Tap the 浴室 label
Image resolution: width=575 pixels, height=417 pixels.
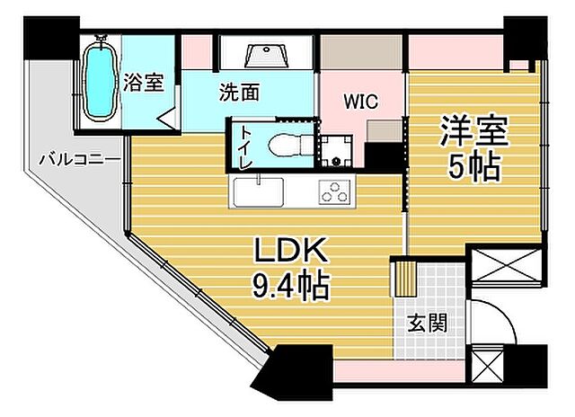(143, 82)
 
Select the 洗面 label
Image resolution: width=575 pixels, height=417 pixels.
(240, 92)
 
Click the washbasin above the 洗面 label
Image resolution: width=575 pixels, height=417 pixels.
(266, 55)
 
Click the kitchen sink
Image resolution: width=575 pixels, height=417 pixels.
(259, 191)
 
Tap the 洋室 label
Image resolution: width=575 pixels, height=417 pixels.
(473, 132)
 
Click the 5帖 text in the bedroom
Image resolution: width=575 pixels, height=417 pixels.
(473, 167)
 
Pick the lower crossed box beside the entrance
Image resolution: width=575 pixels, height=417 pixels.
(497, 368)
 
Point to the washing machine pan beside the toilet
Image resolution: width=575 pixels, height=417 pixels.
(338, 150)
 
